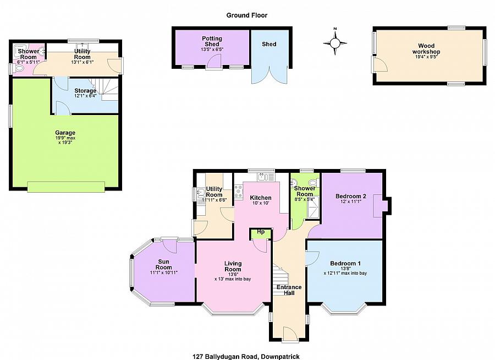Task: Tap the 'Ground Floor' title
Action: click(x=247, y=15)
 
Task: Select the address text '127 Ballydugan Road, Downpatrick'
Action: click(x=246, y=357)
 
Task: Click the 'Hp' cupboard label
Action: click(x=261, y=232)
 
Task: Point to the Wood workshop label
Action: click(x=426, y=48)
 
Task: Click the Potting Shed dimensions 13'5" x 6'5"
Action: click(x=212, y=50)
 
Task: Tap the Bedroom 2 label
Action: click(x=351, y=196)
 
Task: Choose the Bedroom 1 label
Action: click(x=345, y=263)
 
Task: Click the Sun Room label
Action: click(x=163, y=264)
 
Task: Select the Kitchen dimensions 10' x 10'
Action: click(x=261, y=203)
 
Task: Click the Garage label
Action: click(x=65, y=133)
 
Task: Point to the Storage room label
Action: click(x=85, y=91)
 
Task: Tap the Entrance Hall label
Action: click(x=289, y=290)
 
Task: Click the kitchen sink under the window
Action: click(x=263, y=177)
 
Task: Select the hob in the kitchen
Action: click(x=238, y=191)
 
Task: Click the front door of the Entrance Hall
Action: click(x=290, y=335)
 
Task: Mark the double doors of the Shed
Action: click(x=269, y=75)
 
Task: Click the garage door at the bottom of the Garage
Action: click(x=66, y=187)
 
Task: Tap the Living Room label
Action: click(x=233, y=266)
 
